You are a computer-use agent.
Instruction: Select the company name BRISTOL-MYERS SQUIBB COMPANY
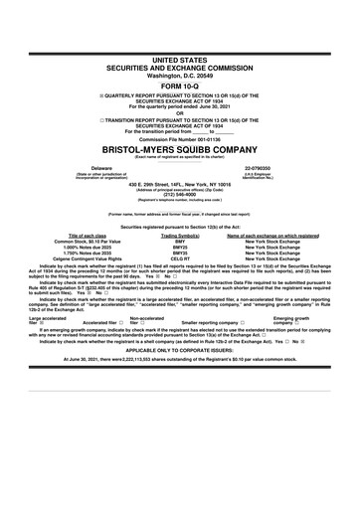(x=179, y=150)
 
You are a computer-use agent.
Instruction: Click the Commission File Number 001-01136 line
(x=179, y=137)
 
